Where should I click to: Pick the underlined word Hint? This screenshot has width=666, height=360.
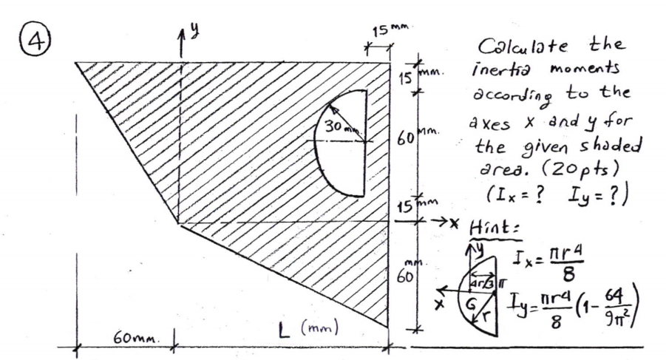coord(502,227)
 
